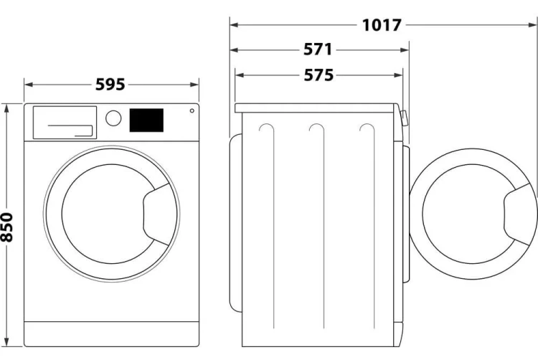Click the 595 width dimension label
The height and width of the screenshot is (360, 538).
(x=110, y=85)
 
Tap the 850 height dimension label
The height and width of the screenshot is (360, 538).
(x=6, y=227)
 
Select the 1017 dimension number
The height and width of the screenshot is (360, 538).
(x=382, y=25)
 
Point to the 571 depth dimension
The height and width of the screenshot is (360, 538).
(x=318, y=49)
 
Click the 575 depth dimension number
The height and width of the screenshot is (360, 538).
(x=318, y=75)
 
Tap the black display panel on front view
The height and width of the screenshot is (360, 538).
(x=146, y=120)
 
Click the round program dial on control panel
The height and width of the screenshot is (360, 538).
(x=113, y=118)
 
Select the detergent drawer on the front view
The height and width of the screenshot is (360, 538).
(x=65, y=123)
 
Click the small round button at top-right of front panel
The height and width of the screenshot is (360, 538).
(x=192, y=110)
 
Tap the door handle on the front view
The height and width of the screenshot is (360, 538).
(x=156, y=214)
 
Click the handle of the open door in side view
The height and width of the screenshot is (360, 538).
(x=517, y=214)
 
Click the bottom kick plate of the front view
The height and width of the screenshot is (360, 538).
(x=111, y=334)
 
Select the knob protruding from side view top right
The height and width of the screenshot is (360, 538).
(x=404, y=118)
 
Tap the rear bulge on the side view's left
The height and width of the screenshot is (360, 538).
(x=236, y=224)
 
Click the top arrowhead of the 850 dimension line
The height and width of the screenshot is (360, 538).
(x=6, y=108)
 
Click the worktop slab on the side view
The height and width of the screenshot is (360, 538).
(x=316, y=108)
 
